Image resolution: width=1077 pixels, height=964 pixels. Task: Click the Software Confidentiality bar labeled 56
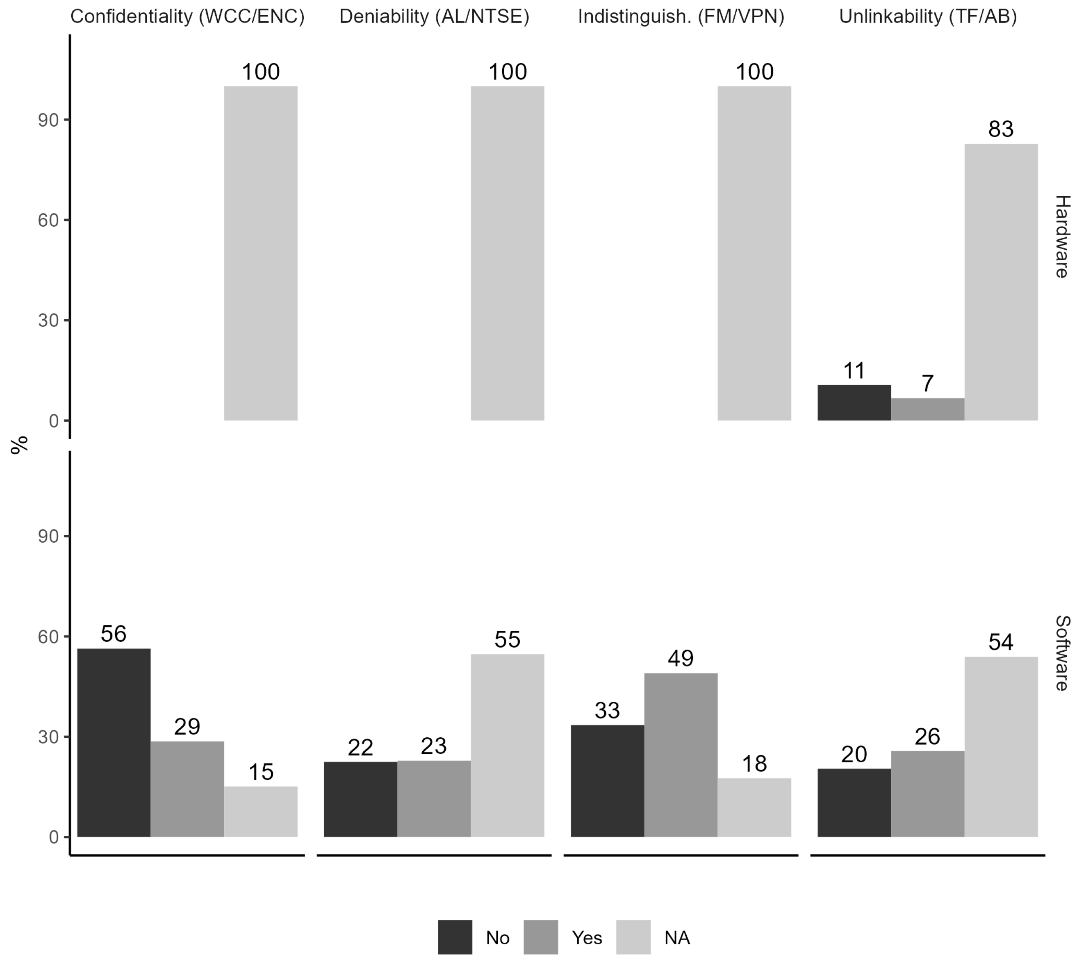coord(114,743)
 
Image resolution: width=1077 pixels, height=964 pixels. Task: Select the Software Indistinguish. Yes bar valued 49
coord(681,755)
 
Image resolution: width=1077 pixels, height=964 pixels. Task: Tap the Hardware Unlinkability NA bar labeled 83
coord(1001,282)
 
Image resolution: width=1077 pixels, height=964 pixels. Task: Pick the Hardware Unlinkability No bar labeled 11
coord(854,402)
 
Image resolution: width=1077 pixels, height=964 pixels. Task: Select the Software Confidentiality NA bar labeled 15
coord(261,812)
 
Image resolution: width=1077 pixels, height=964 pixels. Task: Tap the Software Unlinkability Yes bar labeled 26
coord(927,793)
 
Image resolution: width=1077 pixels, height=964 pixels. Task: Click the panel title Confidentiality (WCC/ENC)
coord(187,16)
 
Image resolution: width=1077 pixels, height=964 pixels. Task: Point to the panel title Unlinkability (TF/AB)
coord(928,16)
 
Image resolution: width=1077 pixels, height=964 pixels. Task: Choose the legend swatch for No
coord(455,937)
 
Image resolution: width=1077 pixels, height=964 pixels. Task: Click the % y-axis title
coord(19,444)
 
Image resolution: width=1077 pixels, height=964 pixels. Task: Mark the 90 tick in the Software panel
coord(48,536)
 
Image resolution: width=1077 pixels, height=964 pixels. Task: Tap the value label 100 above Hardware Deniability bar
coord(508,71)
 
